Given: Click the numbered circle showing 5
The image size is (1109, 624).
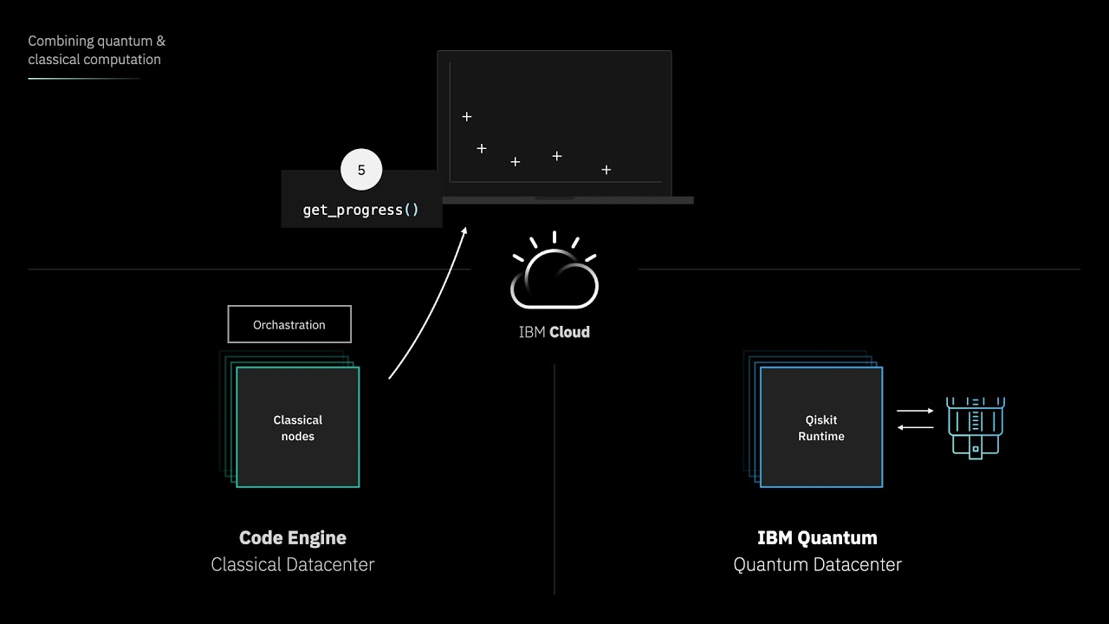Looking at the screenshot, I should point(361,170).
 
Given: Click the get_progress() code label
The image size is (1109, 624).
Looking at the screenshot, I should point(360,210).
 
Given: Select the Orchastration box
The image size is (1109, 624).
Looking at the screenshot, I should point(289,324).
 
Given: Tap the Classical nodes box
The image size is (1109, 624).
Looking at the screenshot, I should point(297,427).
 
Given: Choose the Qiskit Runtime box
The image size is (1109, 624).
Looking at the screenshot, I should point(820,427).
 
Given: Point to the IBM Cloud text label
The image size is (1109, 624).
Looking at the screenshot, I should point(554,332).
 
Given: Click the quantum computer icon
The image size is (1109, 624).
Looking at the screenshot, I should point(976,426).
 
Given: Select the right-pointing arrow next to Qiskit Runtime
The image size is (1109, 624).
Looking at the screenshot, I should point(915,411).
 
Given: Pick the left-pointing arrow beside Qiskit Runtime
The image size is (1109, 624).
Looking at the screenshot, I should point(915,426).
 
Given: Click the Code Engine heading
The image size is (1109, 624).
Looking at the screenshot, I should point(293,537).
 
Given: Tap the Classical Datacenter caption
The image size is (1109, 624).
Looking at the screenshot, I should point(293,565).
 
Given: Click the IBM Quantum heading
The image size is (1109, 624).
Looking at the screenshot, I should point(817,537).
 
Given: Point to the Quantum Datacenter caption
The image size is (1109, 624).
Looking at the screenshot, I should point(817,565).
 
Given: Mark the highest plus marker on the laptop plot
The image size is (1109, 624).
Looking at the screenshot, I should point(467,116).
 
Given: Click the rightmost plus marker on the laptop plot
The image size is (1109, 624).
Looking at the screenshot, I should point(606,170).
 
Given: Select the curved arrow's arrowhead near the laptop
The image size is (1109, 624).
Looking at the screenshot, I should point(464,231).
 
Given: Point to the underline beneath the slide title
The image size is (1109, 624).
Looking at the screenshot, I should point(84,79).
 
